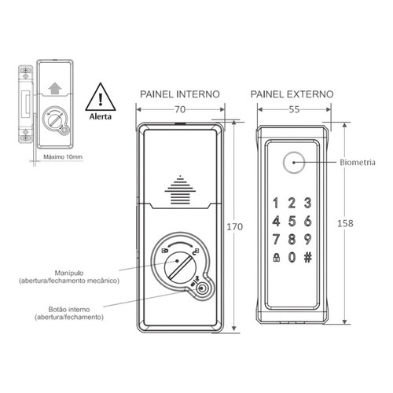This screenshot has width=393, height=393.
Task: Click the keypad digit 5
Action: tap(292, 222)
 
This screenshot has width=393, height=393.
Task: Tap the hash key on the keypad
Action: tap(308, 258)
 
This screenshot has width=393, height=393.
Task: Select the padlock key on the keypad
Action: tap(276, 258)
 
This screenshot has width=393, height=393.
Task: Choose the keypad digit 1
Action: tap(276, 203)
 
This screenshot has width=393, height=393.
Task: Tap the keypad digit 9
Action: tap(308, 239)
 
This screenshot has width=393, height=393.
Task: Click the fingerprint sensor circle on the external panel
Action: tap(294, 163)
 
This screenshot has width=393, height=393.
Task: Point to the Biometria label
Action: tap(358, 163)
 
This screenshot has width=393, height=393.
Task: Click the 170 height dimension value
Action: tap(235, 226)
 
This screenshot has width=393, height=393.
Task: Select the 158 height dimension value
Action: tap(345, 223)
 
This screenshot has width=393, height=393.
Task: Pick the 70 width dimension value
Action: tap(180, 109)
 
